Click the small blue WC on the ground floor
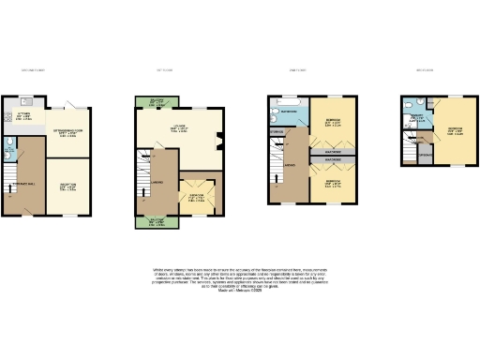click(8, 144)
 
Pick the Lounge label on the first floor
click(178, 128)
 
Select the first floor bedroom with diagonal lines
click(197, 198)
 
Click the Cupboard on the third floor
click(425, 154)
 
